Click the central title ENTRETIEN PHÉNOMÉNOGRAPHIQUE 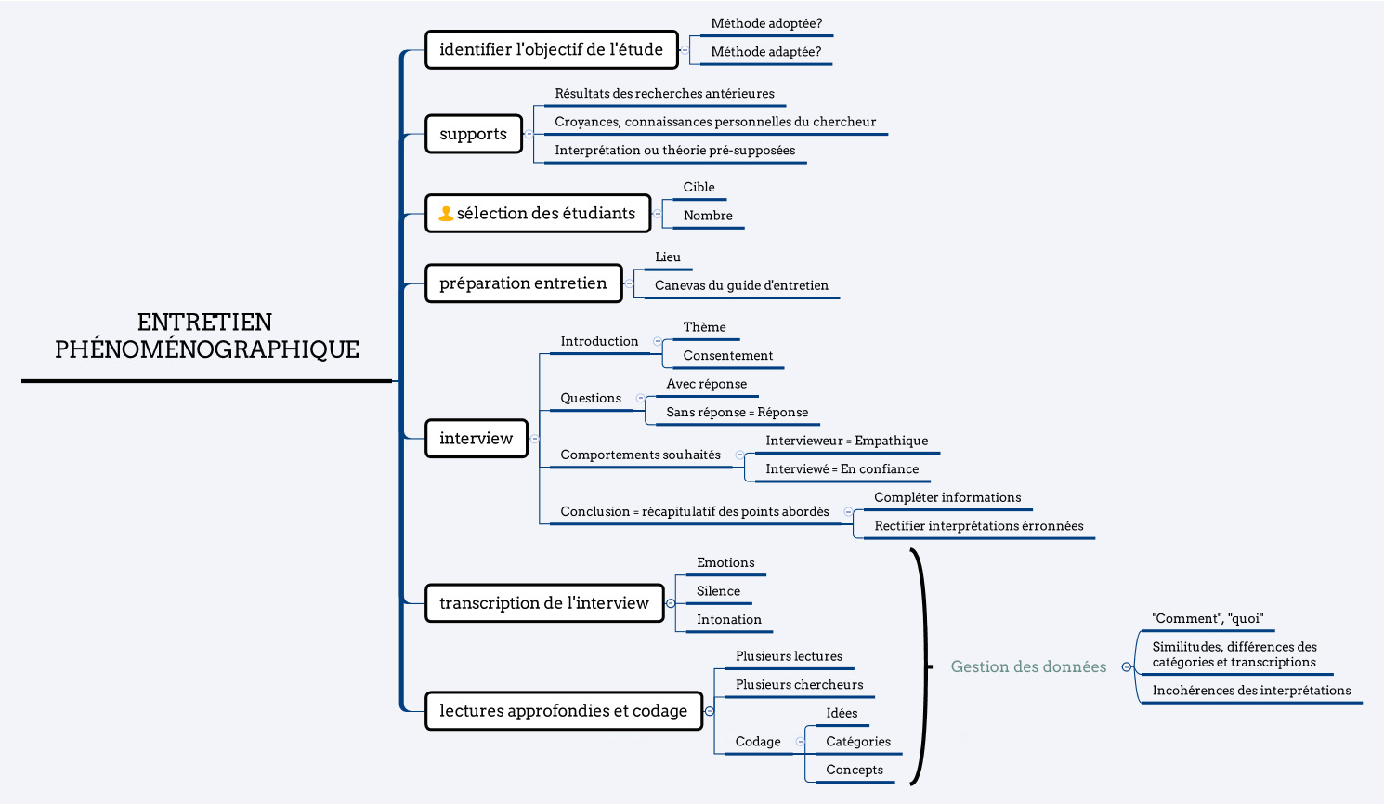click(206, 336)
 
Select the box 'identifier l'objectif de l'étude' click(552, 49)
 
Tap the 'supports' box click(474, 134)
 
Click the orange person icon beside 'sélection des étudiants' click(446, 214)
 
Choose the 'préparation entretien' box click(523, 283)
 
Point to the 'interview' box click(477, 439)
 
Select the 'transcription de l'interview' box click(544, 603)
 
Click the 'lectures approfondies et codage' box click(564, 711)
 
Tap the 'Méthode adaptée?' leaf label click(766, 52)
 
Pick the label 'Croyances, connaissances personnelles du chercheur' click(715, 122)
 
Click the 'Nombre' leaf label click(708, 216)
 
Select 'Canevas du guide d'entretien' click(741, 285)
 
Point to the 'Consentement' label click(728, 356)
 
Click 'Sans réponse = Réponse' click(738, 413)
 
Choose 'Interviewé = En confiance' click(842, 469)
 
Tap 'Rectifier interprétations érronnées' click(979, 526)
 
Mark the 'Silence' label click(718, 591)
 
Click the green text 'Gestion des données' click(1028, 666)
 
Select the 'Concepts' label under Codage click(855, 770)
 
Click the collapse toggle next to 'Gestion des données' click(1127, 666)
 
